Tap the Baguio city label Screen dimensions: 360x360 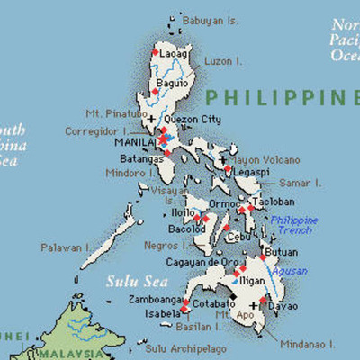point(173,84)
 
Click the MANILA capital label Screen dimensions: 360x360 point(135,142)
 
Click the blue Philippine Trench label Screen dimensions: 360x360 point(294,225)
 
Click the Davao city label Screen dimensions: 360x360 point(285,306)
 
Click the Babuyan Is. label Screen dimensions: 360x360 point(211,20)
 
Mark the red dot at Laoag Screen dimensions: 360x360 point(155,52)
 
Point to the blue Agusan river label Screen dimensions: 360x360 point(290,271)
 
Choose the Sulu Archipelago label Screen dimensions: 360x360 point(187,347)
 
